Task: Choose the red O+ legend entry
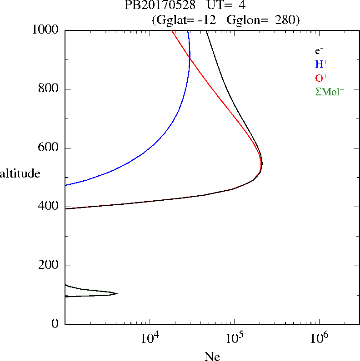point(321,78)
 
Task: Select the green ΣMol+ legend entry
point(330,92)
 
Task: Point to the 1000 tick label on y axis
point(46,30)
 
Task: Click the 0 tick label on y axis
point(56,324)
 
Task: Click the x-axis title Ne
point(212,356)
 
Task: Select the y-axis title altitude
point(20,173)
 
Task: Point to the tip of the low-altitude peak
point(117,294)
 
